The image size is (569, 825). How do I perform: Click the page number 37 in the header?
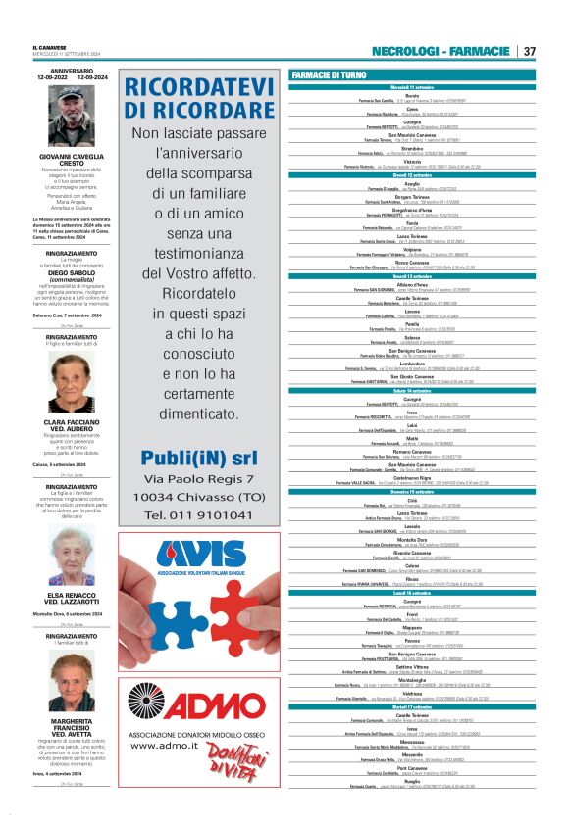coord(529,51)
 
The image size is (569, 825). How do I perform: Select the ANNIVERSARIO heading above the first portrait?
coord(72,71)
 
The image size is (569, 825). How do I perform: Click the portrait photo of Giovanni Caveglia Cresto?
coord(72,116)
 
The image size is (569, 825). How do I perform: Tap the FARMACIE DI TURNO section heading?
coord(331,75)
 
